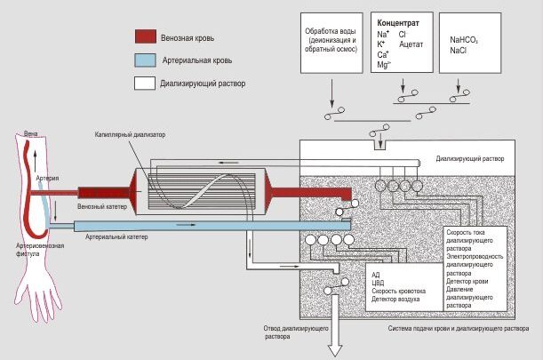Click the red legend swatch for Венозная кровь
pos(145,37)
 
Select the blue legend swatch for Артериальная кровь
pos(145,61)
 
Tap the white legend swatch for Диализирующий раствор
pos(145,84)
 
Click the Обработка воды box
pos(328,37)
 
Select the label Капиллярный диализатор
pos(131,134)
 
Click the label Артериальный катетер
pos(116,237)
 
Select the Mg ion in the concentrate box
pos(383,65)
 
